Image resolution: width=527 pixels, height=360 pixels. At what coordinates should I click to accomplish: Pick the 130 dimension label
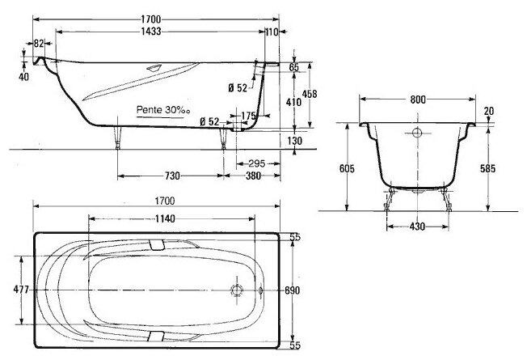(294, 142)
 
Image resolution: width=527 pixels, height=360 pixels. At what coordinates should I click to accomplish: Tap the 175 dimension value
(250, 116)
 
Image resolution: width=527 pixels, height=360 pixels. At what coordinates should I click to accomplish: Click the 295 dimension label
(257, 163)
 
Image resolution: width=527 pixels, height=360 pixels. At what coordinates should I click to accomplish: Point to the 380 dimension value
(254, 176)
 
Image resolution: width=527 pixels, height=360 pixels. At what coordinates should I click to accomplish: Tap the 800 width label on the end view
(418, 100)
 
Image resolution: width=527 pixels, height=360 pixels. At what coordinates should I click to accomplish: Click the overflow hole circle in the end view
(416, 134)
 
